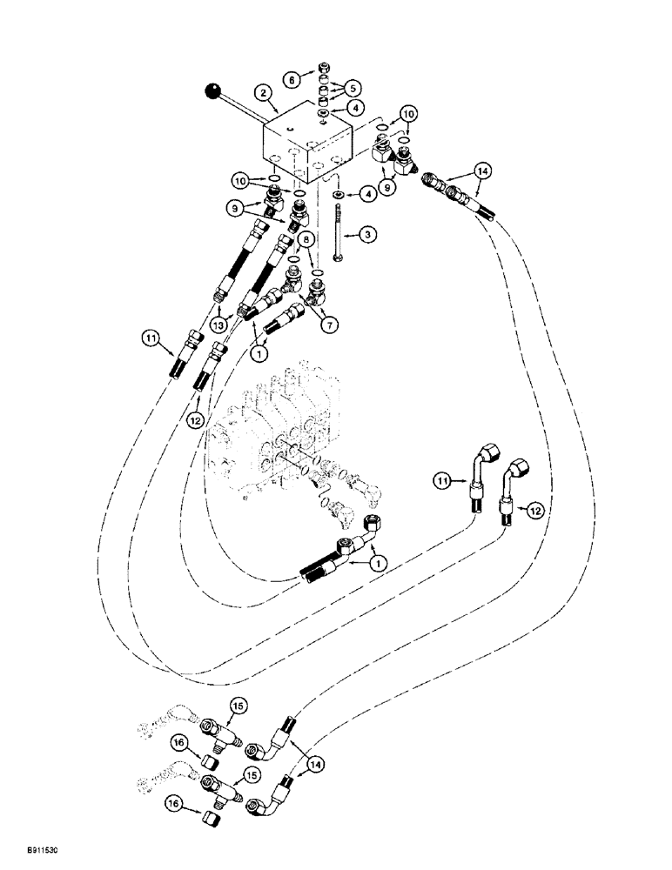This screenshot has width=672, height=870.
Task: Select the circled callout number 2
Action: point(259,91)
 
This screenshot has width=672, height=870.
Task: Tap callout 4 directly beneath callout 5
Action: point(353,108)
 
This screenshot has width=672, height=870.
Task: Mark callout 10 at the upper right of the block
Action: point(407,113)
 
